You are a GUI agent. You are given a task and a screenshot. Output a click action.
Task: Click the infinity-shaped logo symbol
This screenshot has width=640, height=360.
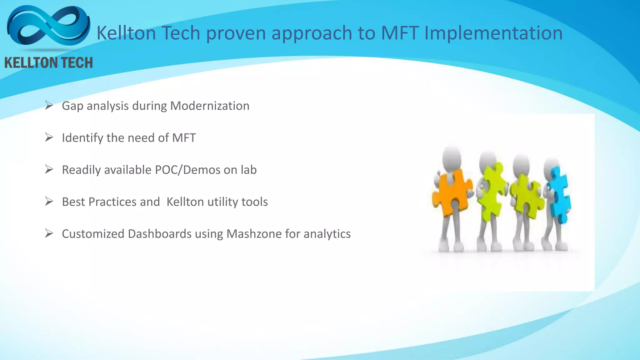48,27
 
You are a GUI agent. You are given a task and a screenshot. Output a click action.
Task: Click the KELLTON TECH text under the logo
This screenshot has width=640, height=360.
49,63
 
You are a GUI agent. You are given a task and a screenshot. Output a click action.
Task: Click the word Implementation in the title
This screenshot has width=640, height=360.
493,33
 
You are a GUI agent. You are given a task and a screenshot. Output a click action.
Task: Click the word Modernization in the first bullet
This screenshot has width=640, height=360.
210,106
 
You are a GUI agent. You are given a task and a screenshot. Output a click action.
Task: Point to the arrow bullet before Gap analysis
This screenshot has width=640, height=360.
49,105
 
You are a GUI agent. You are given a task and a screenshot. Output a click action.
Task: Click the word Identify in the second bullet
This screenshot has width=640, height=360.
82,138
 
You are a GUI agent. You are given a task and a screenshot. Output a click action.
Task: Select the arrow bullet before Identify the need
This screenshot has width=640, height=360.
49,137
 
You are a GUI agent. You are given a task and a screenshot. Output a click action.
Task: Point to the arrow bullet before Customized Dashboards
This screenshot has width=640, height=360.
49,233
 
